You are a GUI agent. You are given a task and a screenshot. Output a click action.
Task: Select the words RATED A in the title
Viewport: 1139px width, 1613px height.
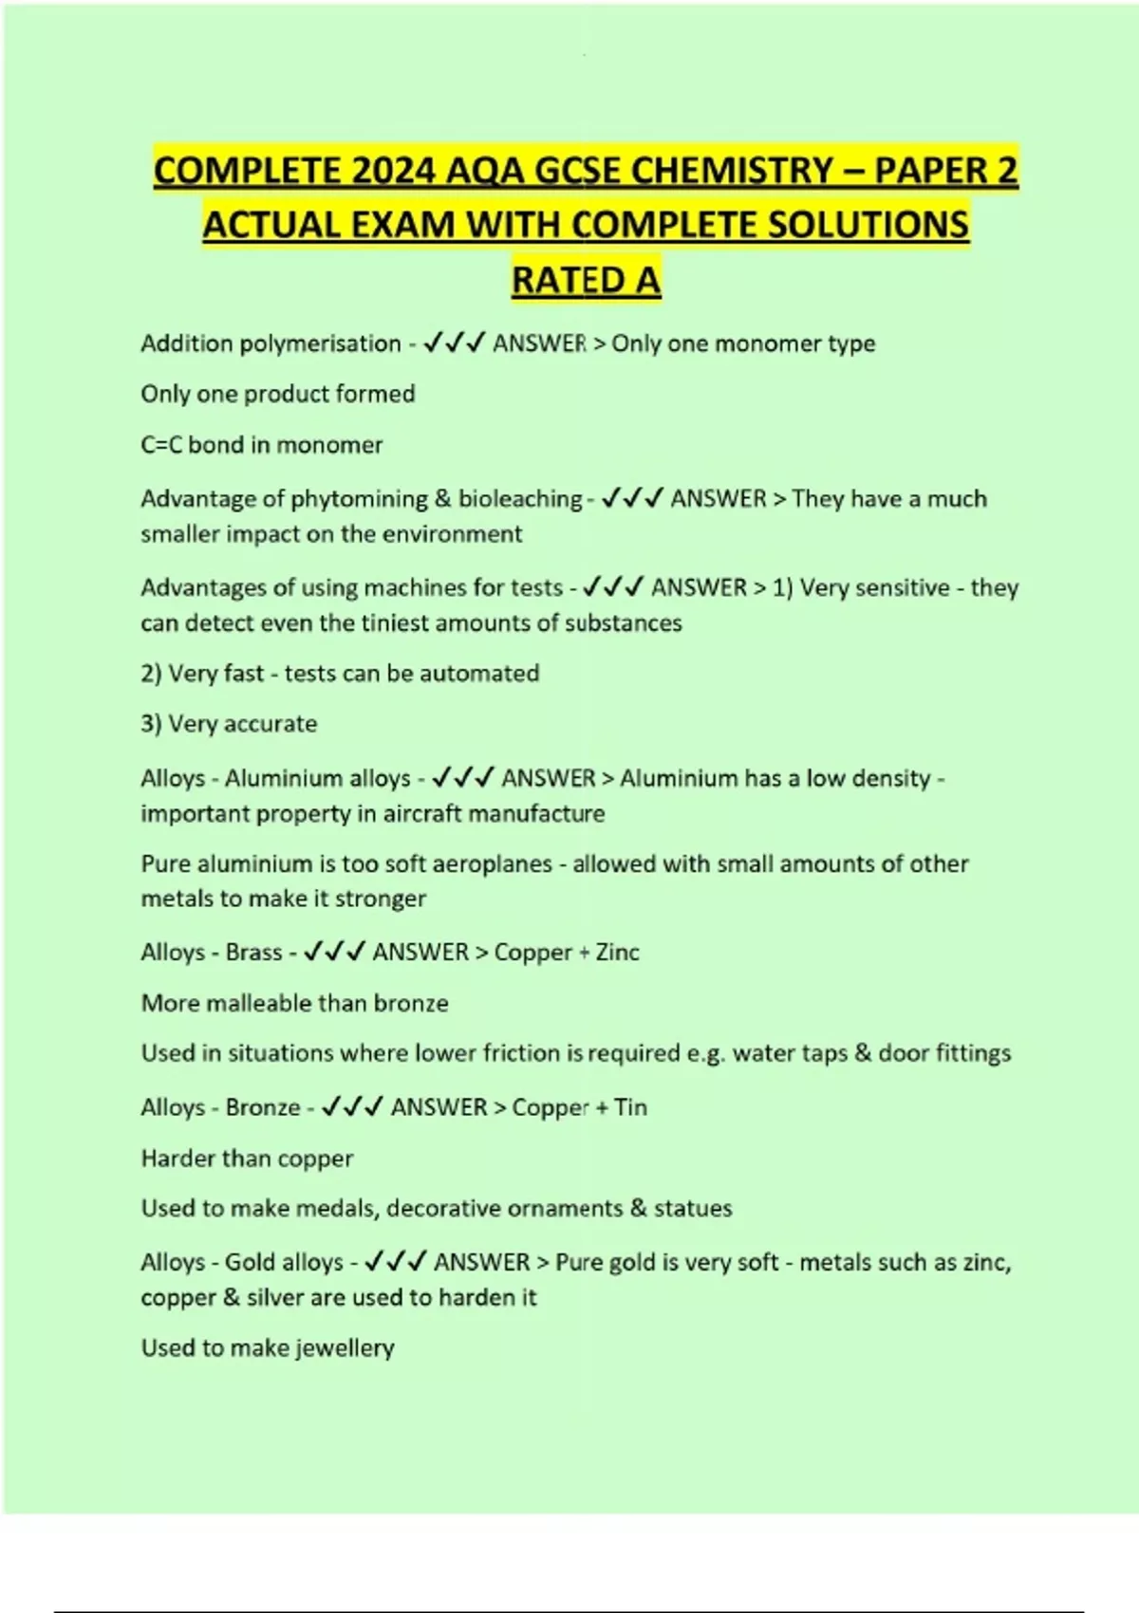point(586,281)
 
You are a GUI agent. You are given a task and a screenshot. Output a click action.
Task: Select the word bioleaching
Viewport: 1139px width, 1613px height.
point(520,499)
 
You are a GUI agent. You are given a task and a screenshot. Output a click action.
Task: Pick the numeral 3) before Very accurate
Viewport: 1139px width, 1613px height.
point(152,724)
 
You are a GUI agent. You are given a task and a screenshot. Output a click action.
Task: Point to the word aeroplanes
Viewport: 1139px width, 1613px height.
point(492,864)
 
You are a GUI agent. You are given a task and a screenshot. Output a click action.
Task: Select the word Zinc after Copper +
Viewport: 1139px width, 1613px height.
point(617,953)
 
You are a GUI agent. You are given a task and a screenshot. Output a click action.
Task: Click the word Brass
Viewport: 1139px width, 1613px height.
point(253,953)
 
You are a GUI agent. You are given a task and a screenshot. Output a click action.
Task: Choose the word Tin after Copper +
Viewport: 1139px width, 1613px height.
point(630,1107)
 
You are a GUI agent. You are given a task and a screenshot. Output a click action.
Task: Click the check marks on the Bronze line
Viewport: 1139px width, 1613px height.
point(351,1107)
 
